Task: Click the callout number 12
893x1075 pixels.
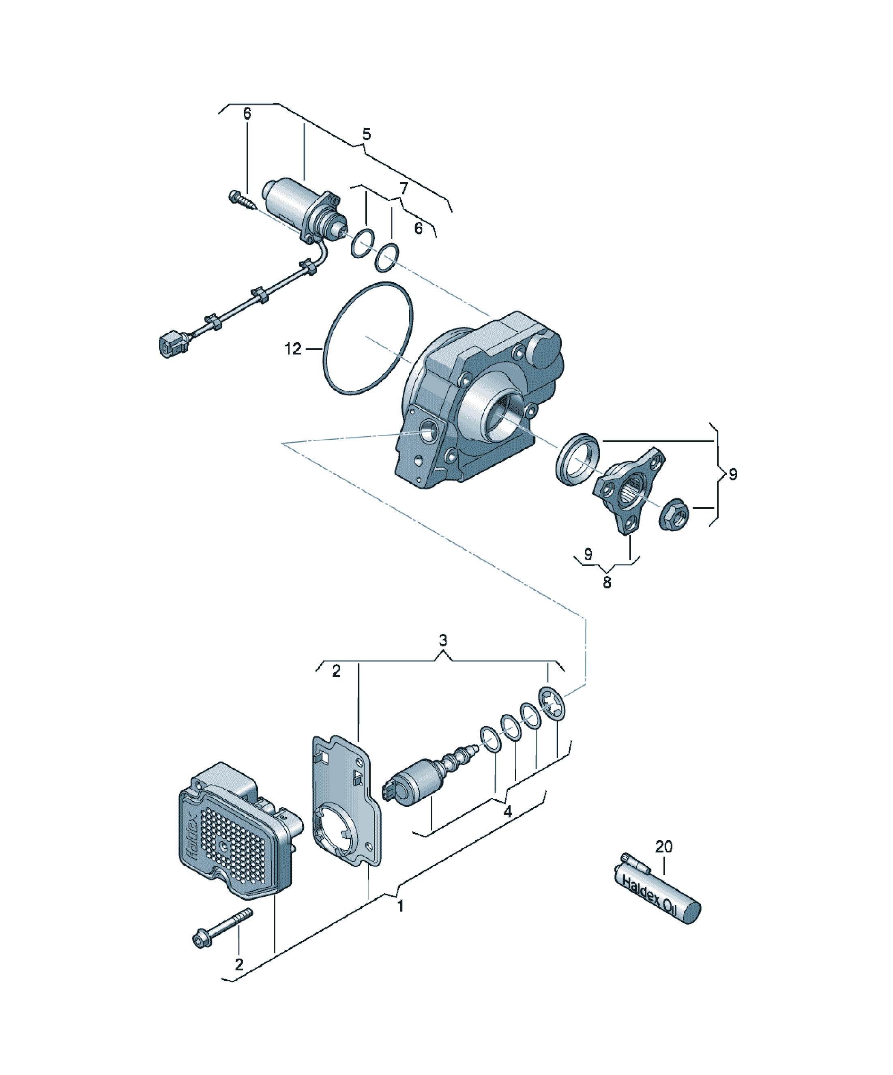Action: [293, 349]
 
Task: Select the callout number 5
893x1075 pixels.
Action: [366, 135]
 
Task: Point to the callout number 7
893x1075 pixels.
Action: [404, 189]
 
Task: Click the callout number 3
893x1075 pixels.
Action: [443, 640]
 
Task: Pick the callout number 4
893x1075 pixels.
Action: [507, 812]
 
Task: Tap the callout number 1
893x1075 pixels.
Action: [400, 906]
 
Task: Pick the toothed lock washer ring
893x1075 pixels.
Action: [552, 704]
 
